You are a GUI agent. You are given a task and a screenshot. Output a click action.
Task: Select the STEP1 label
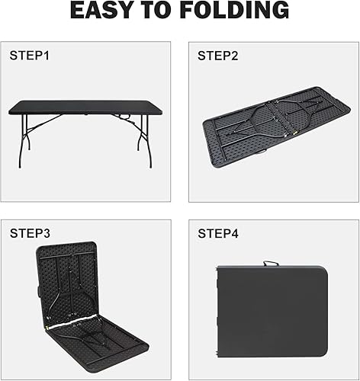pos(28,56)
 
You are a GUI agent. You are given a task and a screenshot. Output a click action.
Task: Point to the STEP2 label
pos(217,56)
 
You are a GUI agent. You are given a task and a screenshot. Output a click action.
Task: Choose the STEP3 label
pos(28,233)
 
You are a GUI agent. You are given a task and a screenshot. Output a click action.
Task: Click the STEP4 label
pos(217,233)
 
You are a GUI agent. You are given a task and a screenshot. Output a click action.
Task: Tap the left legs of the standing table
pos(25,141)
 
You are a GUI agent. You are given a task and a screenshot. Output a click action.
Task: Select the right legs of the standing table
pos(141,141)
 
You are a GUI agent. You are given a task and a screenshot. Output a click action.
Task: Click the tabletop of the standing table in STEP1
pos(85,107)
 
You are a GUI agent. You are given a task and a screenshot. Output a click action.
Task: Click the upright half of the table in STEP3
pos(67,282)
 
